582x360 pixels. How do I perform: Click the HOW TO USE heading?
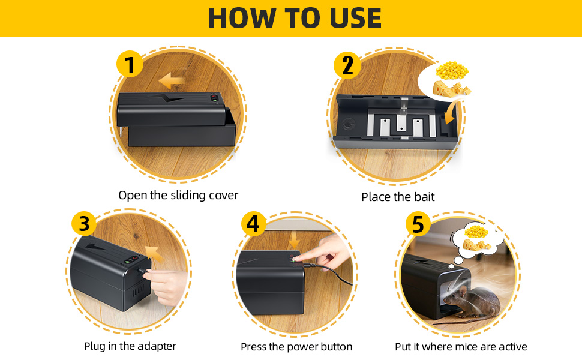pos(295,18)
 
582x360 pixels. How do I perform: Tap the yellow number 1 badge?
pos(130,64)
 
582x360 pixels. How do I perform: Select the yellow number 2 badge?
pos(347,65)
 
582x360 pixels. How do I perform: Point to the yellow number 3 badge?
pos(85,224)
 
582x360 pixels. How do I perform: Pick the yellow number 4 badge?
pos(253,224)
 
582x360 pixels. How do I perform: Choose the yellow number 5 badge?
pos(418,224)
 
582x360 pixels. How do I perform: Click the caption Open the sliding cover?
pos(178,195)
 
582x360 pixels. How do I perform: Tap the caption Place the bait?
pos(398,197)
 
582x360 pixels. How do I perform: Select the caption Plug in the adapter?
pos(130,346)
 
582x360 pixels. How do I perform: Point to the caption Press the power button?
pos(296,347)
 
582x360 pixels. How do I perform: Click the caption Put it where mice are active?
pos(461,347)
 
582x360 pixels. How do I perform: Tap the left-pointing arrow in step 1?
pos(172,80)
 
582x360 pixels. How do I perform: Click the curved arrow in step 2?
pos(452,112)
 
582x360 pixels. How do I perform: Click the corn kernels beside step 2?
pos(452,71)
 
